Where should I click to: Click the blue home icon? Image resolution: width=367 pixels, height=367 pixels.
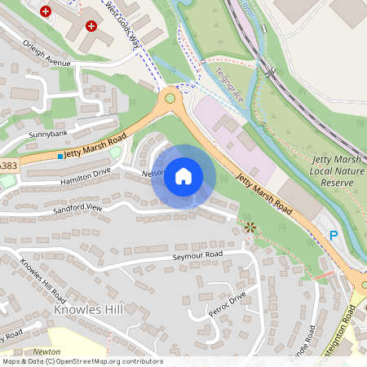pyautogui.click(x=183, y=175)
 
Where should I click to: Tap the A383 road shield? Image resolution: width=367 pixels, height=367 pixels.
pyautogui.click(x=7, y=166)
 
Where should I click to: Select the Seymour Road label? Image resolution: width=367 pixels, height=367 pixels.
pyautogui.click(x=197, y=255)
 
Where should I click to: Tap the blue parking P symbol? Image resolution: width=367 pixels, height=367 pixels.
pyautogui.click(x=333, y=235)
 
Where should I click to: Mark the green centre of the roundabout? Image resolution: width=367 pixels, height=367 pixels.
pyautogui.click(x=170, y=99)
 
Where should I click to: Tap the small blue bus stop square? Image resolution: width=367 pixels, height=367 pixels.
pyautogui.click(x=60, y=155)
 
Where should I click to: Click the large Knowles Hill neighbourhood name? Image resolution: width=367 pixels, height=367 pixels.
pyautogui.click(x=87, y=311)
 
